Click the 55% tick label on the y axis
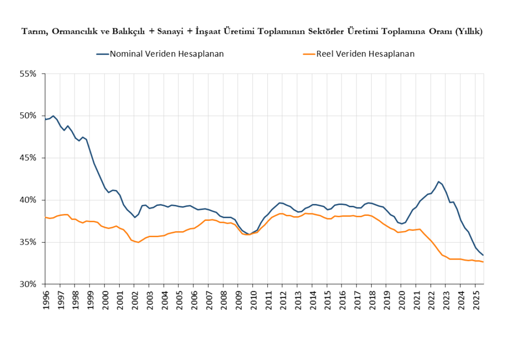[28, 74]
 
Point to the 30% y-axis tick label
[28, 284]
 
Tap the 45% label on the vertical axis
[28, 158]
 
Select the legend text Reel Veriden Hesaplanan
[365, 54]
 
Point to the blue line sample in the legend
[102, 54]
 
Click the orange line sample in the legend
[308, 54]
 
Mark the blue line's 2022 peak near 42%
[438, 181]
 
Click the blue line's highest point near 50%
[53, 116]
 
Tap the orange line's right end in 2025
[483, 262]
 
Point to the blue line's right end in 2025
[483, 255]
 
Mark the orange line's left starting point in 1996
[45, 217]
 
